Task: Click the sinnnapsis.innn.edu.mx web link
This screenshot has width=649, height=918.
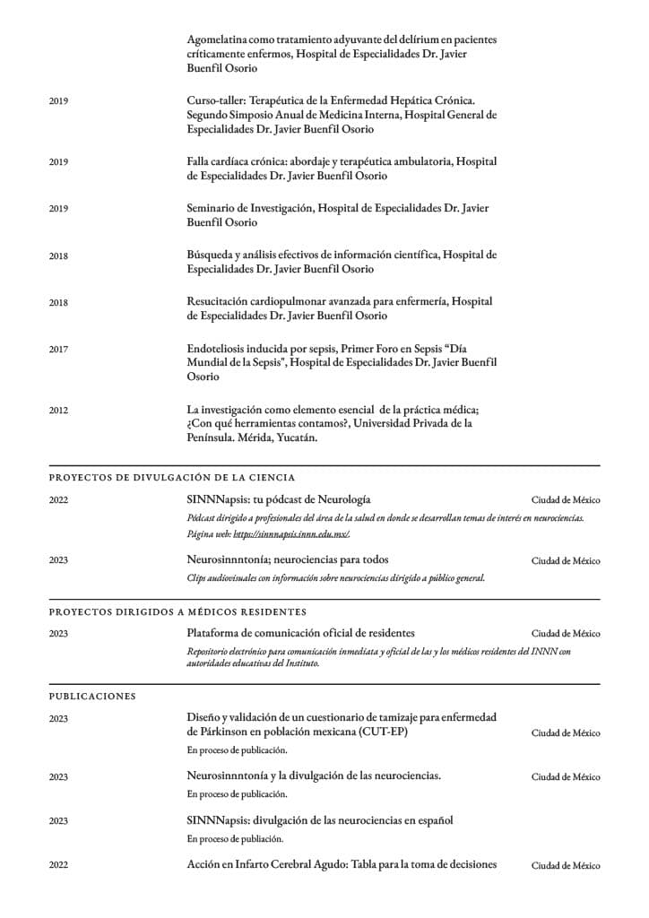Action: [291, 534]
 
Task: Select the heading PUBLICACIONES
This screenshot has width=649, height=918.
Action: [92, 695]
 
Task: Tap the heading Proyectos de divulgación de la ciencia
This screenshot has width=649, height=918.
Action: [172, 477]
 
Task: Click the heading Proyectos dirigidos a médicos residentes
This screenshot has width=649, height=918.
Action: [177, 611]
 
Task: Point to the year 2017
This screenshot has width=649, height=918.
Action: [58, 350]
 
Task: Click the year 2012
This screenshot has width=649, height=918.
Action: [58, 411]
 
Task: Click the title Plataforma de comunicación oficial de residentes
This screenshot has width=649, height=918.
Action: [300, 633]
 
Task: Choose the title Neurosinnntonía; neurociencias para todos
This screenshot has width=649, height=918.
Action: [288, 559]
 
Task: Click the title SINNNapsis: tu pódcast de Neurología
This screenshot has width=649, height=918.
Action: [279, 498]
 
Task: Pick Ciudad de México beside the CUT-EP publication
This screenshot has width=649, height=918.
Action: [566, 732]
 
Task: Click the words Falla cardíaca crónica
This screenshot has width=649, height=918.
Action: [239, 161]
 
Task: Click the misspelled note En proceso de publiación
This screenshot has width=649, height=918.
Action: [235, 839]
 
